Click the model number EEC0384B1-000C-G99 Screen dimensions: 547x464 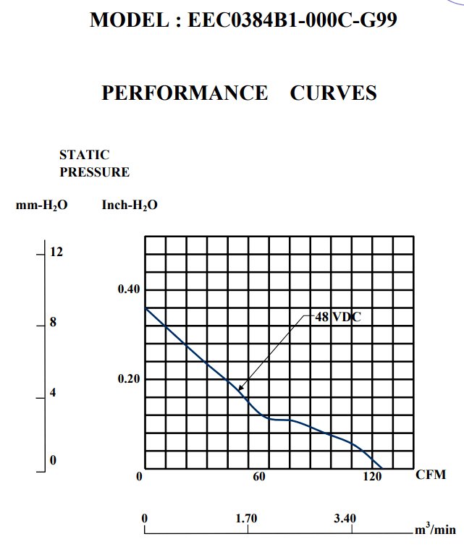292,20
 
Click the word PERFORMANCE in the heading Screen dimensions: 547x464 185,93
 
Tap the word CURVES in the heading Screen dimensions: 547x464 333,93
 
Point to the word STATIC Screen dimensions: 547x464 85,155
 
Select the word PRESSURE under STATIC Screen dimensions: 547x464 95,172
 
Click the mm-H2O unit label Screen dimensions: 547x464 42,205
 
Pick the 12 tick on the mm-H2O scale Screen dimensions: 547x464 56,253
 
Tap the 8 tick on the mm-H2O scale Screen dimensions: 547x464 53,323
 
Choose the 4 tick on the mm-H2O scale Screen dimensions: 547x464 53,393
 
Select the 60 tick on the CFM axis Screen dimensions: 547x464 259,477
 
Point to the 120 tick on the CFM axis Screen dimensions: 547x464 372,477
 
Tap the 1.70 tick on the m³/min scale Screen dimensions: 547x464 248,519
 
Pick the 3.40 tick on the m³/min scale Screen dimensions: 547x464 345,519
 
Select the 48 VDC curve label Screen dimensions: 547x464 338,316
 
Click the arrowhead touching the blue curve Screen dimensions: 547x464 240,389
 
